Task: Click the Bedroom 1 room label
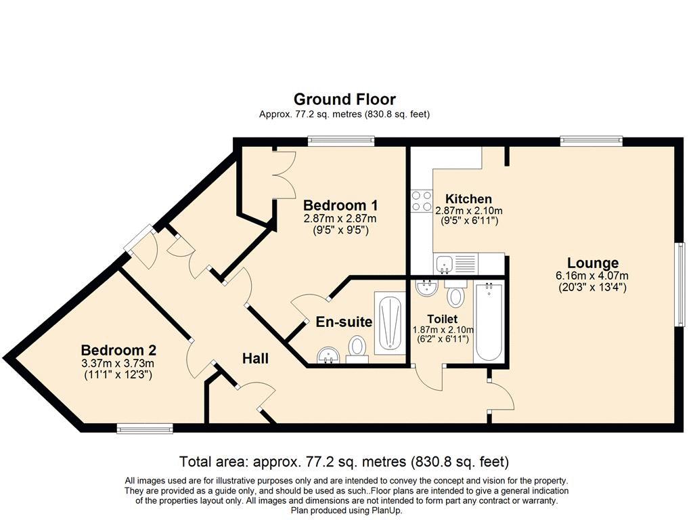pyautogui.click(x=340, y=206)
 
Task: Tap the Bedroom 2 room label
pyautogui.click(x=118, y=351)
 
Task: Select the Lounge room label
pyautogui.click(x=593, y=263)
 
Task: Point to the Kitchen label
pyautogui.click(x=468, y=199)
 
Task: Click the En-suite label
pyautogui.click(x=344, y=322)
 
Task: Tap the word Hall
pyautogui.click(x=255, y=359)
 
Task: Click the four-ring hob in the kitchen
pyautogui.click(x=422, y=200)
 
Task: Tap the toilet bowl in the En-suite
pyautogui.click(x=357, y=349)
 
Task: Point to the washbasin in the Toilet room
pyautogui.click(x=426, y=287)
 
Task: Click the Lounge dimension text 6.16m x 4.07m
pyautogui.click(x=592, y=276)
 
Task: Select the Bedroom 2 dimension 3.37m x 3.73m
pyautogui.click(x=118, y=364)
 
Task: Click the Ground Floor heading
pyautogui.click(x=344, y=99)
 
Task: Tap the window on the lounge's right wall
pyautogui.click(x=680, y=284)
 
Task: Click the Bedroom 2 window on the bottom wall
pyautogui.click(x=145, y=428)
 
